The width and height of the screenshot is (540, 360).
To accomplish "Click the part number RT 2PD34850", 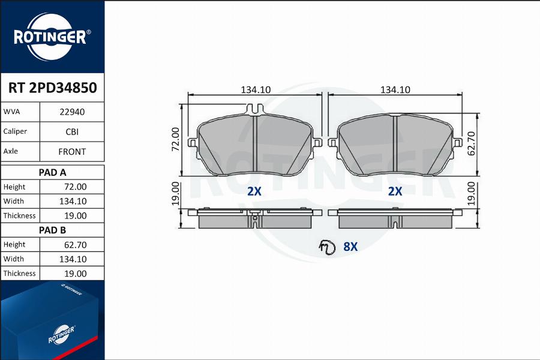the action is pos(52,88).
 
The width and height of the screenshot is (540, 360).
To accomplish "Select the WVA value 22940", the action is pos(72,112).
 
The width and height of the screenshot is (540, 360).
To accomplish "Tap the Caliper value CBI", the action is pos(72,131).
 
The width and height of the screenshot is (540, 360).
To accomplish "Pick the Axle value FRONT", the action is pos(72,152).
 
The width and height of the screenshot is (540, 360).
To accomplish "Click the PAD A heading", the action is pos(52,172).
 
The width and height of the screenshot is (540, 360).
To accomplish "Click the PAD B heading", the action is pos(52,230).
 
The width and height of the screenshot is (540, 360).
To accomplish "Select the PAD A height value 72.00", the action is pos(76,187).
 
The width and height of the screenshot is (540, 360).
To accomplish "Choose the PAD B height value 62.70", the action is pos(76,245).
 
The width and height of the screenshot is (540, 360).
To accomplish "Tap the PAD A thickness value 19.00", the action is pos(76,215).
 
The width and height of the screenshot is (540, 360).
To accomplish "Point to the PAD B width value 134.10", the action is pos(73,259).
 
